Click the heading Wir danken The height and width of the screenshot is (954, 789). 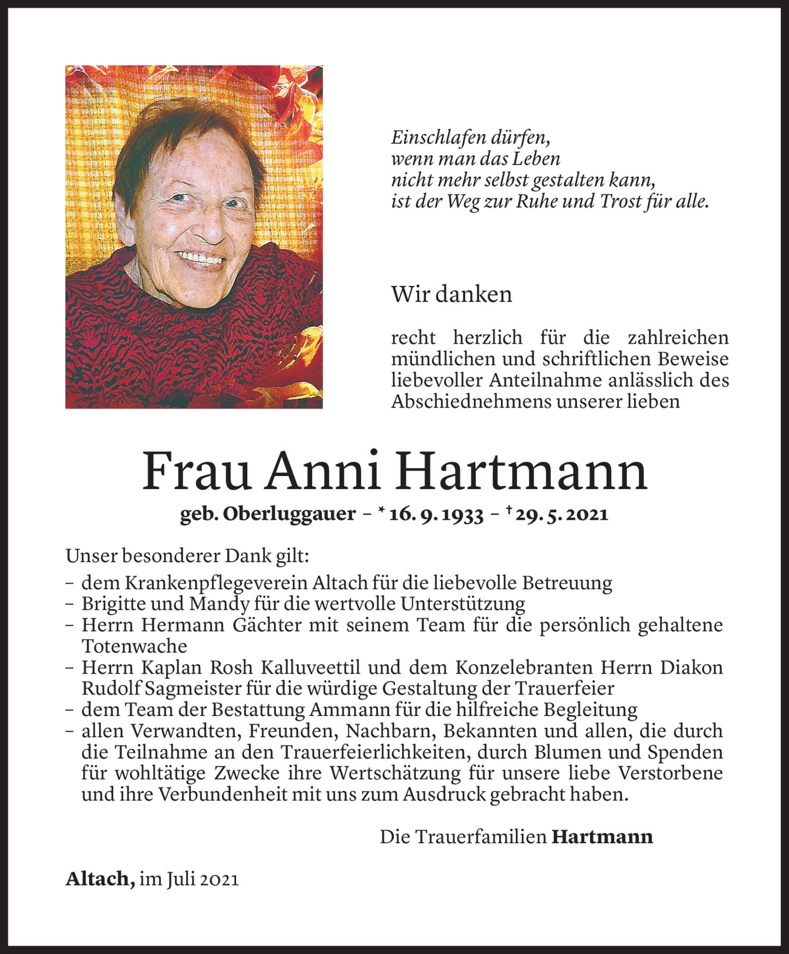451,294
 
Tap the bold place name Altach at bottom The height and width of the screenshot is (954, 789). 100,879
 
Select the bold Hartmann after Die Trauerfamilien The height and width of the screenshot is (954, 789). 602,837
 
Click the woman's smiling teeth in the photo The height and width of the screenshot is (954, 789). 201,260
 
